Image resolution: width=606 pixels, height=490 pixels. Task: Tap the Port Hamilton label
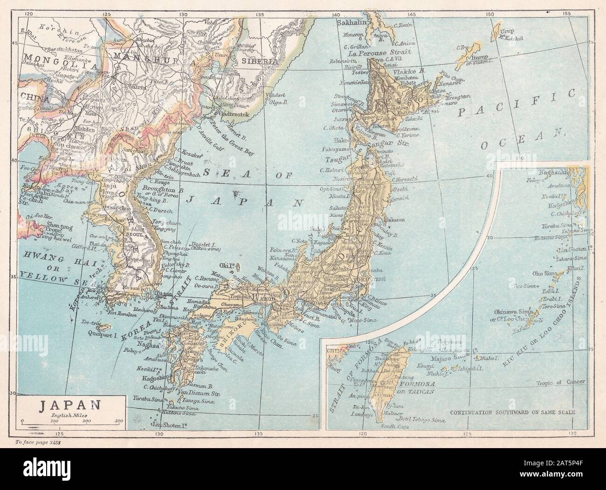pos(122,315)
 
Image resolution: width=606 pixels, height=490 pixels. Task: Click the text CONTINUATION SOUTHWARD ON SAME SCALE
pos(513,412)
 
